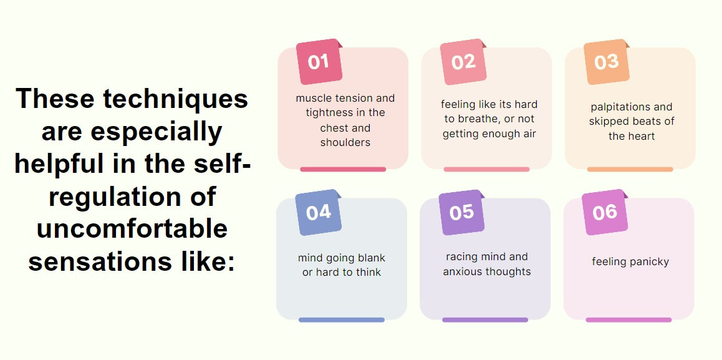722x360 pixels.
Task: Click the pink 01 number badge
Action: click(x=319, y=62)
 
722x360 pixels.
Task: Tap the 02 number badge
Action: click(x=463, y=62)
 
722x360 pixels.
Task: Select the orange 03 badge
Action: click(x=607, y=62)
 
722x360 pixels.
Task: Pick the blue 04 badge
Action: click(x=318, y=213)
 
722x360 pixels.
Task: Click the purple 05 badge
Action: click(x=461, y=213)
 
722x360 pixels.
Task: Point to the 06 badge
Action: click(x=605, y=213)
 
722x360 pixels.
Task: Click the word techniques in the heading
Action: click(x=175, y=98)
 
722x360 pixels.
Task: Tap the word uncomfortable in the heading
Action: click(x=132, y=229)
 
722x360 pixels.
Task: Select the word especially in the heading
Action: click(x=156, y=132)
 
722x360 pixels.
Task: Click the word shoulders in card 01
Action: click(x=345, y=142)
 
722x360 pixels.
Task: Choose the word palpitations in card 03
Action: click(x=612, y=107)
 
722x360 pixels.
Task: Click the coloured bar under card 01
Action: click(x=343, y=169)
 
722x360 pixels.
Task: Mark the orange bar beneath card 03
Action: click(x=630, y=169)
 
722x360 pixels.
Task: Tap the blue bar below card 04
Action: click(x=342, y=320)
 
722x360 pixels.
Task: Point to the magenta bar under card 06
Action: click(x=628, y=320)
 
